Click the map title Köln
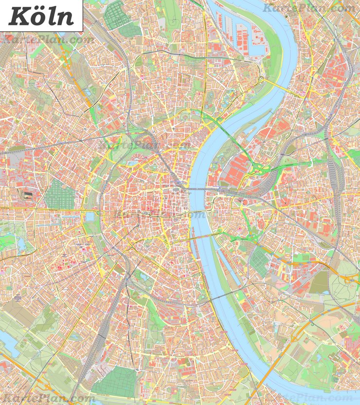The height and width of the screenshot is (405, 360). coord(41,16)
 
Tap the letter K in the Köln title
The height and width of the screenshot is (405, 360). coord(18,16)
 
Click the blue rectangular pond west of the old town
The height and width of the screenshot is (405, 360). coord(90,216)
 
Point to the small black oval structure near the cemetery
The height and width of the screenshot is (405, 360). coord(27,195)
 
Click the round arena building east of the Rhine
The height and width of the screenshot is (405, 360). coord(245,202)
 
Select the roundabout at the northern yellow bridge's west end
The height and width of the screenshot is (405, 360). coord(261,79)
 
